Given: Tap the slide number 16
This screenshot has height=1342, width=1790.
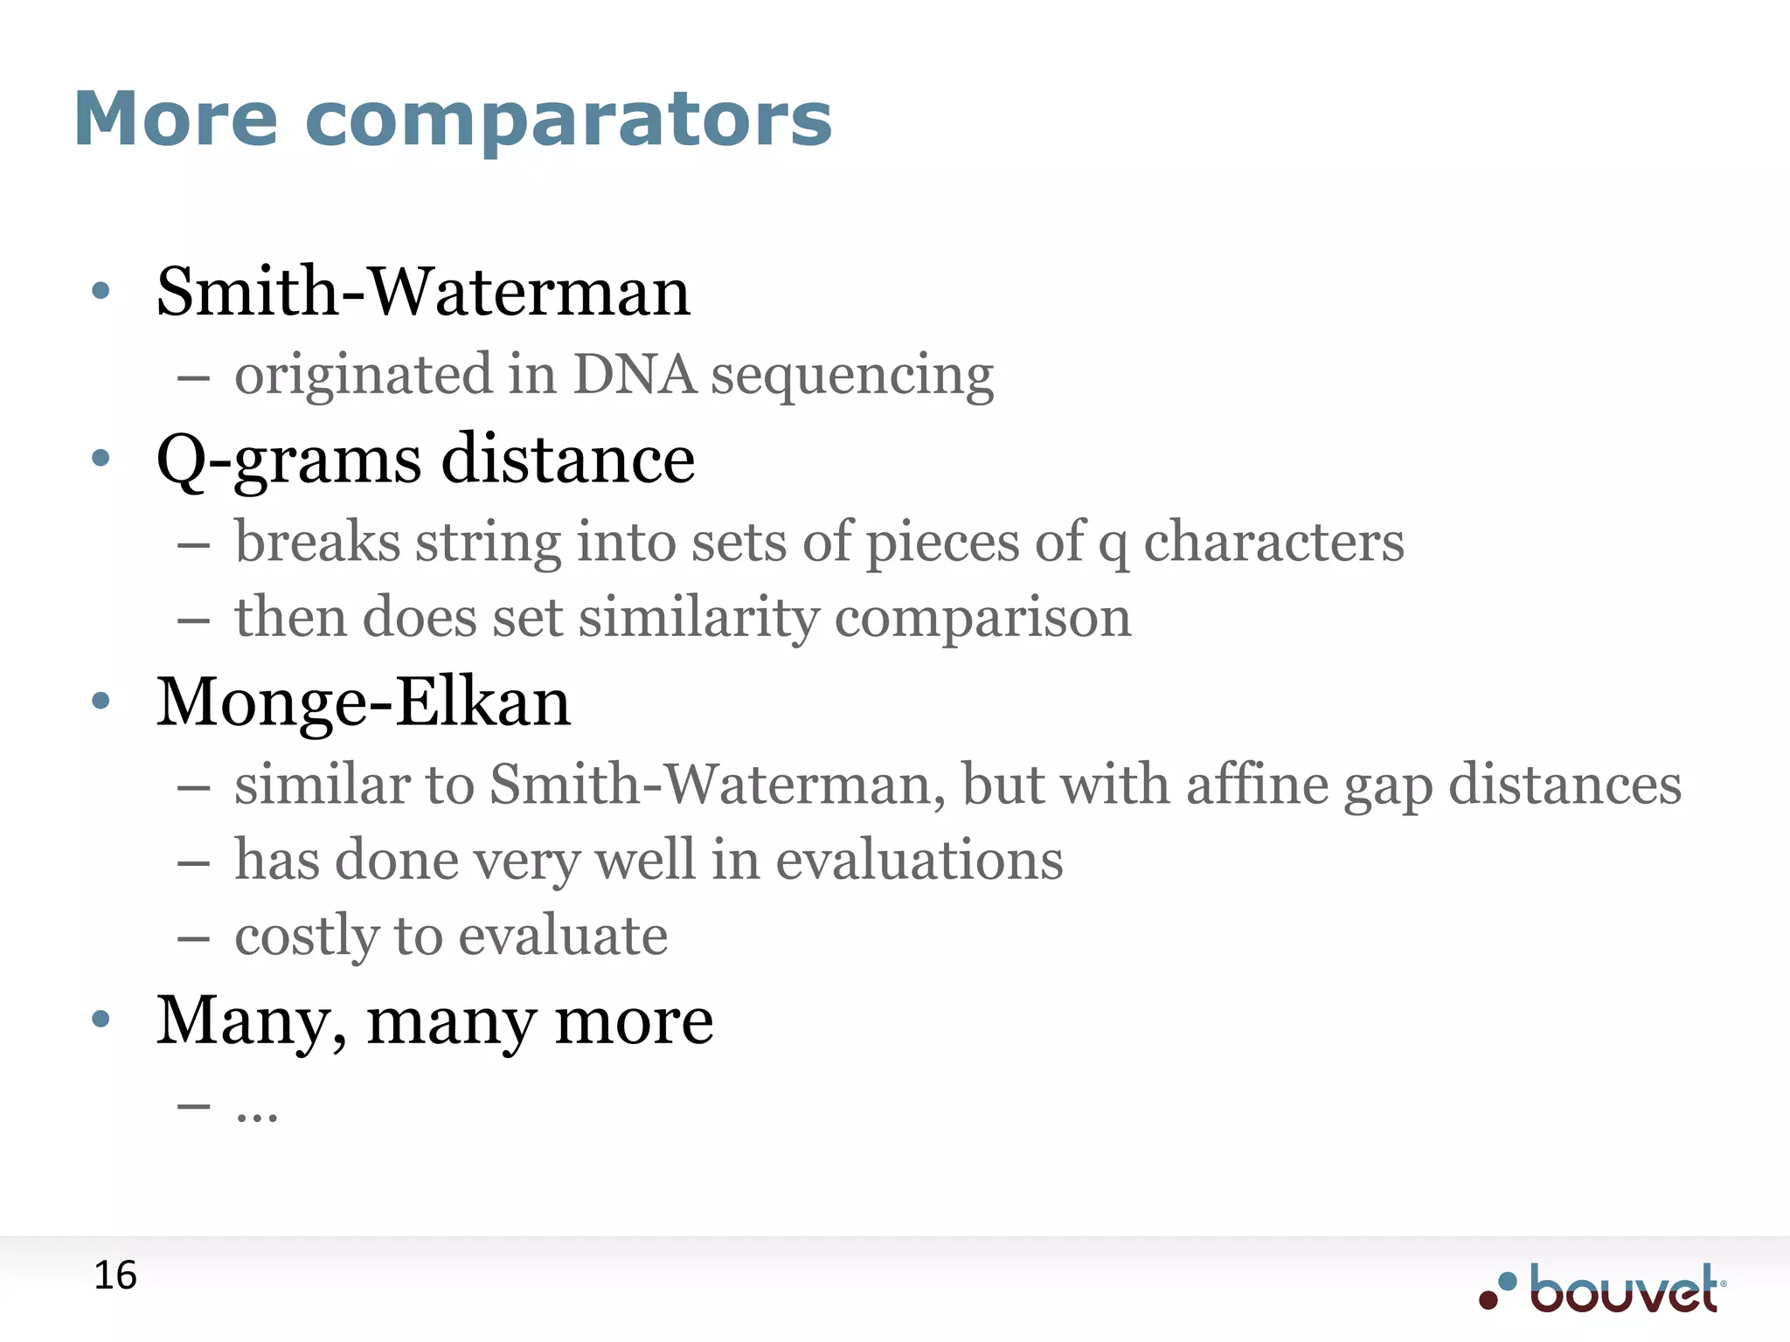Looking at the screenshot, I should click(x=115, y=1276).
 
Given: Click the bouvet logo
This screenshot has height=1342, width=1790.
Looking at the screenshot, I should click(x=1603, y=1289).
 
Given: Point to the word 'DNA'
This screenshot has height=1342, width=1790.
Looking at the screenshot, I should click(x=635, y=375).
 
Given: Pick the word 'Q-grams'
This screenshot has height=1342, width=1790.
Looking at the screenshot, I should click(x=288, y=460).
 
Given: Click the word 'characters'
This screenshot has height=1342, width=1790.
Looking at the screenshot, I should click(x=1273, y=542).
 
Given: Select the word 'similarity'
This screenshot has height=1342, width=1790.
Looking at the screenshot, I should click(x=698, y=618).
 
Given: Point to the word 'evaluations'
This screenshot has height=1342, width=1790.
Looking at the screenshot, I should click(x=919, y=860).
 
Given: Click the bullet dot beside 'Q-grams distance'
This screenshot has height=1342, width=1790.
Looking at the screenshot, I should click(x=101, y=457).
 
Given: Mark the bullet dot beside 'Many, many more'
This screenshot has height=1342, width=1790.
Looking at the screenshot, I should click(x=101, y=1018).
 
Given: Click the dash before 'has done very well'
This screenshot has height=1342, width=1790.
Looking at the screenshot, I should click(x=193, y=862).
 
